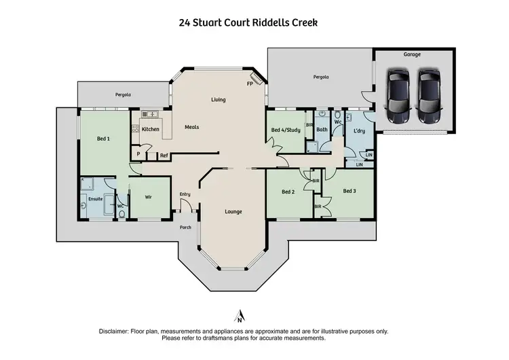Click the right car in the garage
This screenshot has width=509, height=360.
click(428, 96)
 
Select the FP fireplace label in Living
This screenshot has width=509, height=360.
click(250, 84)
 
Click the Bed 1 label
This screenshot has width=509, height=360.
click(103, 139)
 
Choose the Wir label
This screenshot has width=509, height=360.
click(149, 197)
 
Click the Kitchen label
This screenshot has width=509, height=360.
click(151, 128)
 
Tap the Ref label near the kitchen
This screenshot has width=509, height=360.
click(164, 156)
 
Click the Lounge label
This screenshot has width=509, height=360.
click(233, 211)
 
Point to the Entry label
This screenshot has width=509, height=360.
click(185, 195)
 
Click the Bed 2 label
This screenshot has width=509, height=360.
click(288, 192)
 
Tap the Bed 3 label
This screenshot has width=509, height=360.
click(349, 192)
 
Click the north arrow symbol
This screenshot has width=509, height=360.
click(239, 316)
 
